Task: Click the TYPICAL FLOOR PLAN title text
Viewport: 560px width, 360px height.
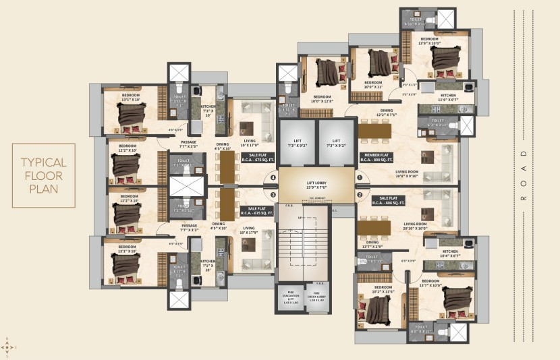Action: click(43, 175)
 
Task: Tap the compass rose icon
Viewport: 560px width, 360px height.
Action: click(7, 347)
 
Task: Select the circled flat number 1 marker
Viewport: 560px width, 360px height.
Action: click(360, 179)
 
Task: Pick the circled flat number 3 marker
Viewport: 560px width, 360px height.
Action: click(273, 196)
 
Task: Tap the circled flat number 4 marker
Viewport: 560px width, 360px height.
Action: click(273, 179)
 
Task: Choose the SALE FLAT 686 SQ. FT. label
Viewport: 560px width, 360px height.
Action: click(392, 202)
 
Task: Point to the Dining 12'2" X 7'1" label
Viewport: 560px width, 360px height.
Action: click(387, 113)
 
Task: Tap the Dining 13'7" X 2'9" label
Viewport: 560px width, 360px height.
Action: click(373, 245)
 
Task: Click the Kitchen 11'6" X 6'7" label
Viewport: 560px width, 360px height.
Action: click(449, 98)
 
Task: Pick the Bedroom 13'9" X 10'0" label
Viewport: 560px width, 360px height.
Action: click(430, 42)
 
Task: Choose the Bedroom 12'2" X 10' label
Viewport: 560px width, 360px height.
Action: click(128, 148)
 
